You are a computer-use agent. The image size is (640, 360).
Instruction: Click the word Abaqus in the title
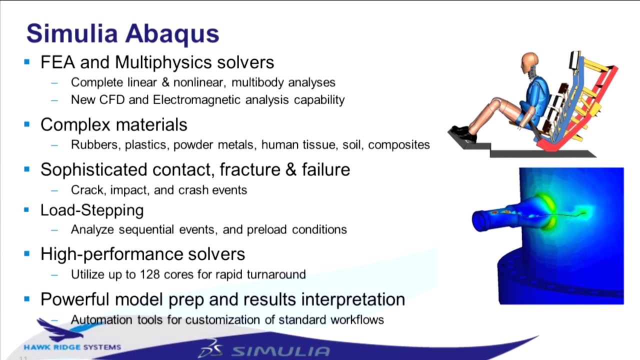click(172, 33)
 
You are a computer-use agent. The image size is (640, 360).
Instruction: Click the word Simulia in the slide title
click(72, 33)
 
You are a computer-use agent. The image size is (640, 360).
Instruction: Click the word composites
click(398, 145)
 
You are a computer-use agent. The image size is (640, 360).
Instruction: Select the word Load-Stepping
click(92, 210)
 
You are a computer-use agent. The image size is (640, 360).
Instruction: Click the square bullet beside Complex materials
click(27, 124)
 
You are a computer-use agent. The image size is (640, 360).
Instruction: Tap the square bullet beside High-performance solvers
click(27, 254)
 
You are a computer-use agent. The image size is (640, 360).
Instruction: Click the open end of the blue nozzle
click(479, 220)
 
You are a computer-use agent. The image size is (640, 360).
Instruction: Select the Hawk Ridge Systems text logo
click(72, 347)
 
